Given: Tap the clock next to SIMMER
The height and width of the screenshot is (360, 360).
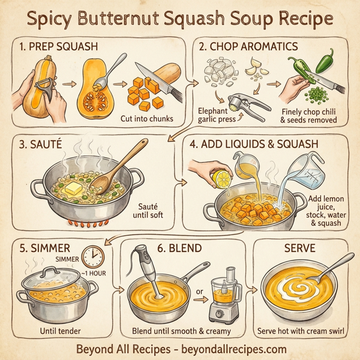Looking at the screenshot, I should coord(92,257).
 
